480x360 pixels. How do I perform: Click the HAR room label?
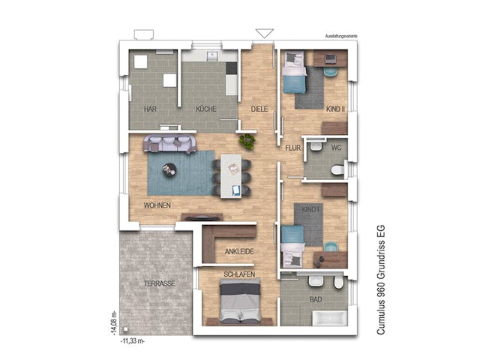[x=150, y=109]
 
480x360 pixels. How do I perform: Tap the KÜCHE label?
[x=206, y=109]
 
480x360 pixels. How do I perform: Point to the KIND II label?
[x=335, y=109]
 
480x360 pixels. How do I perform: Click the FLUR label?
[x=292, y=148]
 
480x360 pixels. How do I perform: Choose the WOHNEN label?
[x=157, y=205]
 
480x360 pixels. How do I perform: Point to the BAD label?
[x=316, y=300]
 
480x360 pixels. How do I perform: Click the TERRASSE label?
[x=160, y=283]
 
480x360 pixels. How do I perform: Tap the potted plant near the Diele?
[x=247, y=140]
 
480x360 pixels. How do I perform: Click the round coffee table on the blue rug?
[x=170, y=168]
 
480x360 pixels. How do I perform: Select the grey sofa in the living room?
[x=171, y=142]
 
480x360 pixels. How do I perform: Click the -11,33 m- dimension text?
[x=132, y=340]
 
